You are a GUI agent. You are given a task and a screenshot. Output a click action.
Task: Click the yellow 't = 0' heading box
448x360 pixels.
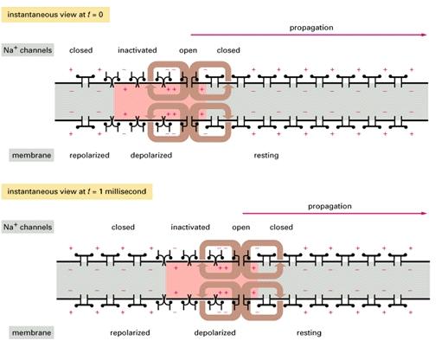(x=55, y=15)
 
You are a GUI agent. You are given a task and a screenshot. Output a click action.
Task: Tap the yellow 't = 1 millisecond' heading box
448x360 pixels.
(x=77, y=191)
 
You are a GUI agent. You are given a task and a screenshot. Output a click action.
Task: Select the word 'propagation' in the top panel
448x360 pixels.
(x=311, y=28)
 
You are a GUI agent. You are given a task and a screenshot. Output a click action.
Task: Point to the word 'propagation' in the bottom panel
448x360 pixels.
(x=330, y=207)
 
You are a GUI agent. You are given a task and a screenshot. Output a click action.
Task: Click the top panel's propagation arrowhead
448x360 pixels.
(x=425, y=35)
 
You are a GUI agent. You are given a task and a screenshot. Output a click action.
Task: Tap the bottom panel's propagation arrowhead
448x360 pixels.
(x=425, y=214)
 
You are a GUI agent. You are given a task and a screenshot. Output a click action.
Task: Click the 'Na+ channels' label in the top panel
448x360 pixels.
(x=28, y=50)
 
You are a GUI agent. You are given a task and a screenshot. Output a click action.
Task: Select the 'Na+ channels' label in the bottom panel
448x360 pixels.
(x=28, y=227)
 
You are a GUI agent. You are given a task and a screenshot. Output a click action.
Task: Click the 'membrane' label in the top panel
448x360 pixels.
(x=31, y=155)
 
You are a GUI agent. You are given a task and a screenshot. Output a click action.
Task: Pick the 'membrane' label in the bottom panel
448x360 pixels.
(x=31, y=332)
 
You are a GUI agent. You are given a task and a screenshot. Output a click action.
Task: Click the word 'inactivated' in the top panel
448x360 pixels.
(x=138, y=50)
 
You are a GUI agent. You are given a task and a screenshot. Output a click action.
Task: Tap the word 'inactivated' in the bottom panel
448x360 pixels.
(x=190, y=228)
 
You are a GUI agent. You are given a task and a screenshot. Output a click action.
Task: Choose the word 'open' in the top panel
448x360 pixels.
(x=188, y=51)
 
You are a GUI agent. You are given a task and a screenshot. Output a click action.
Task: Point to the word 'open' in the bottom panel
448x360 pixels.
(x=241, y=228)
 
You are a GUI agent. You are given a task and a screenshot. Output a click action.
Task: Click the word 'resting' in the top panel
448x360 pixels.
(x=266, y=156)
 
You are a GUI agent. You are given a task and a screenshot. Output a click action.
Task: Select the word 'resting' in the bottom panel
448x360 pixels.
(x=309, y=333)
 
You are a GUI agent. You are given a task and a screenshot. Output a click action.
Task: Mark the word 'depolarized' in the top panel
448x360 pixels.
(x=151, y=156)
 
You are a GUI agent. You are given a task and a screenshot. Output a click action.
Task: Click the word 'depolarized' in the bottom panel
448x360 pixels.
(x=215, y=333)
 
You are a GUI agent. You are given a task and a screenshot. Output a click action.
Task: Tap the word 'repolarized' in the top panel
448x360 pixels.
(x=89, y=156)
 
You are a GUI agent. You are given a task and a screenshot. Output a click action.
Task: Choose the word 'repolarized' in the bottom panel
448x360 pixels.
(x=130, y=333)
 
